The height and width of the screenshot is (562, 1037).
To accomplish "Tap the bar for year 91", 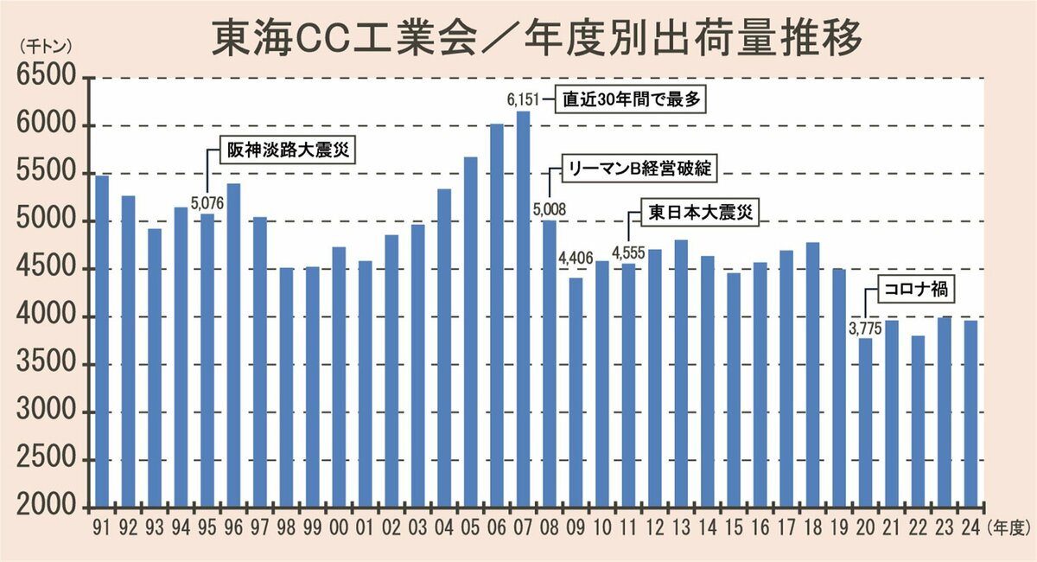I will [x=102, y=341].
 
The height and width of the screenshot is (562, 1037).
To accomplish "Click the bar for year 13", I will [x=681, y=373].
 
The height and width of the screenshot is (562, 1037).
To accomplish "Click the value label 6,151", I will [x=524, y=101].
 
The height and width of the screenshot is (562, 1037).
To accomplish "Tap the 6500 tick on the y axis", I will [x=44, y=80].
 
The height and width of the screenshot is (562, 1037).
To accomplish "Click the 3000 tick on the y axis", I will [x=44, y=412].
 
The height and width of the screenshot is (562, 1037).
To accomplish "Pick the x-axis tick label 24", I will [x=971, y=525].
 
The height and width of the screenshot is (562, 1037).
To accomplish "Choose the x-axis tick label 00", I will [x=340, y=525].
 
